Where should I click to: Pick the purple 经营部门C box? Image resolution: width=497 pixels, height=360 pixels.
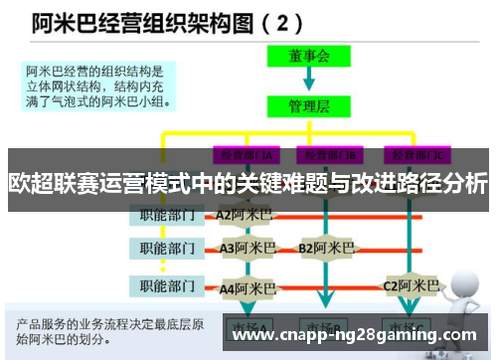pos(418,154)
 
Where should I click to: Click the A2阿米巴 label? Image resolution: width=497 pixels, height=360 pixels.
pos(245,214)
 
